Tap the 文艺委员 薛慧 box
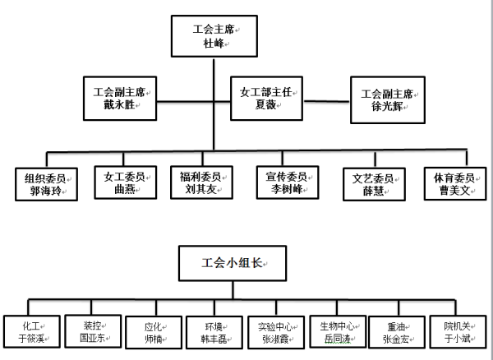coord(371,183)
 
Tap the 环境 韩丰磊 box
coord(212,331)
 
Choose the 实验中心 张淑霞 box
coord(274,331)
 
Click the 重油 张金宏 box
coord(399,331)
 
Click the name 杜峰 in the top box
coord(213,45)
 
